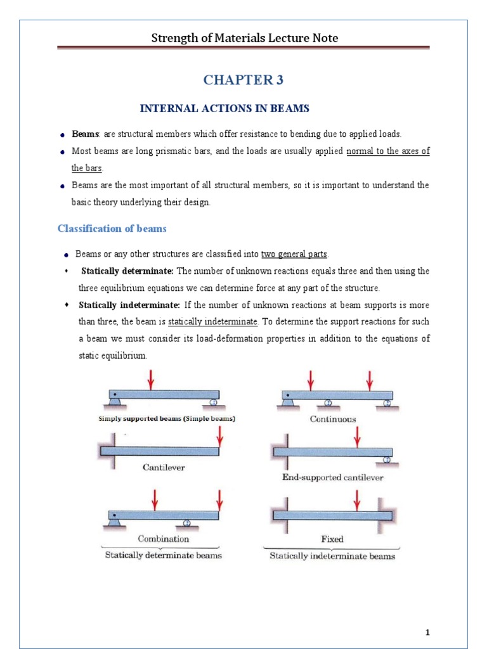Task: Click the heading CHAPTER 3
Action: coord(243,80)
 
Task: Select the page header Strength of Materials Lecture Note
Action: coord(244,38)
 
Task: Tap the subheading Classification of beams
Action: coord(112,228)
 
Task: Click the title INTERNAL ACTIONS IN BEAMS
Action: coord(224,108)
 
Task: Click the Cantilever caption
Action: coord(163,468)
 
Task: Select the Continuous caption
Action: coord(332,419)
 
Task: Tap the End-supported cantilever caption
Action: coord(332,477)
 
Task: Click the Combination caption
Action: coord(164,539)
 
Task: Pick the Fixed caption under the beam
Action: coord(332,539)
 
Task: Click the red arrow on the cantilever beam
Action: coord(219,436)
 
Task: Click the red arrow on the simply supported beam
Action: coord(151,380)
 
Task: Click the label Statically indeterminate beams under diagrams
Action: coord(332,556)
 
